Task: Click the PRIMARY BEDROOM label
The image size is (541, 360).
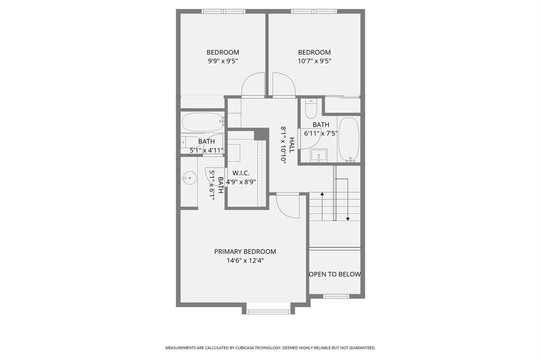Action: [245, 251]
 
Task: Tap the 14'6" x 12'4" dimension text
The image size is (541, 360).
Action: [245, 260]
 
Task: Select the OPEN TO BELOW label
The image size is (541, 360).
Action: [335, 274]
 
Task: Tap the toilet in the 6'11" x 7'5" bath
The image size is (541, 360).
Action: [311, 109]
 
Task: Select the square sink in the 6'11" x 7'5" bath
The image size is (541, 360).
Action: [319, 155]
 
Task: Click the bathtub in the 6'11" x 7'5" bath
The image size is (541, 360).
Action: [348, 139]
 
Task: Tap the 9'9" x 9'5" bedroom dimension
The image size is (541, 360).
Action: [222, 61]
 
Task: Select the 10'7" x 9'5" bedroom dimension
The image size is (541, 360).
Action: [314, 61]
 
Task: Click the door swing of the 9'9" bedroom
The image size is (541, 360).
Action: [253, 86]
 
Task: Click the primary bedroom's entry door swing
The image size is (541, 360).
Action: [288, 206]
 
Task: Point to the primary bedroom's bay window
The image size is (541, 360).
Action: [268, 311]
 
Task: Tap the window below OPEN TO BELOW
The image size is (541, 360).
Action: [336, 296]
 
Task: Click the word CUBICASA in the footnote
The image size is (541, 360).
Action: [248, 348]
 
